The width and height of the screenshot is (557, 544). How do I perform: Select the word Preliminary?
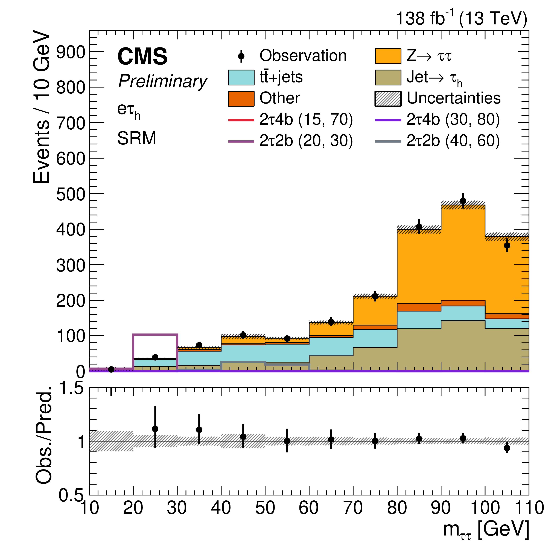[x=163, y=81]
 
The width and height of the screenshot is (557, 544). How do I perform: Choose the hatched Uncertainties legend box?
[x=388, y=99]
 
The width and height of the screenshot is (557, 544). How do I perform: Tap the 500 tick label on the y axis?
[x=71, y=195]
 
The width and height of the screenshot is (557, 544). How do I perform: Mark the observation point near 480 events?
[x=463, y=201]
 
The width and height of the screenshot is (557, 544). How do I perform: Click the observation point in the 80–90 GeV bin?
[x=419, y=227]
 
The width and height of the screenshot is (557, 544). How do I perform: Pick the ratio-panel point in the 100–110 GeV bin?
[x=507, y=448]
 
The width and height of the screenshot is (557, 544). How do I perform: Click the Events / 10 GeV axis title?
[x=41, y=107]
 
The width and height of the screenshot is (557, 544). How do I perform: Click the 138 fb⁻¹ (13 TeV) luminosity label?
[x=461, y=19]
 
